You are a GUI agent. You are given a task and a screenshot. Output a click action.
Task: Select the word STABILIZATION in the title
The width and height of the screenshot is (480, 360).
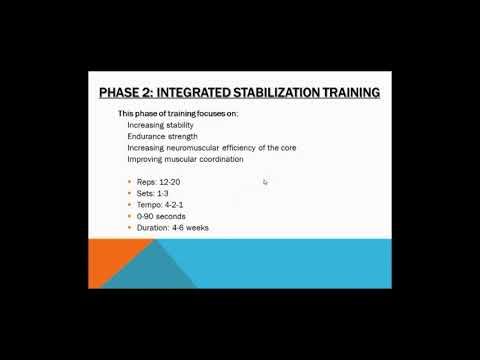(287, 93)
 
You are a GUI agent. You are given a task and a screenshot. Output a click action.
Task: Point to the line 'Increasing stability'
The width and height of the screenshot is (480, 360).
(161, 125)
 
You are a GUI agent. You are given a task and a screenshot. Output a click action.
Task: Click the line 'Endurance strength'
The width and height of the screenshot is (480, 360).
(162, 136)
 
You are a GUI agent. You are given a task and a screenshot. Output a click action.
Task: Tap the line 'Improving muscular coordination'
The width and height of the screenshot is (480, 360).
(185, 159)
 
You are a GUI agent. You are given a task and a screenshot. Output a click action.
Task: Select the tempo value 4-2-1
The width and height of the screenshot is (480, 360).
(175, 205)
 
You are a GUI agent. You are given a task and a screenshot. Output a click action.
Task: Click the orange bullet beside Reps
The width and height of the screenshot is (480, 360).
(130, 182)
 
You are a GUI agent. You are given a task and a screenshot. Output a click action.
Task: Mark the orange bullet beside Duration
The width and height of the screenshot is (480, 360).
(130, 228)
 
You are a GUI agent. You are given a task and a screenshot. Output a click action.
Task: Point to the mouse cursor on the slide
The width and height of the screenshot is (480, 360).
(265, 182)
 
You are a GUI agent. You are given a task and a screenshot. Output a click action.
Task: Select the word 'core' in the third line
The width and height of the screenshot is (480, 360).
(286, 148)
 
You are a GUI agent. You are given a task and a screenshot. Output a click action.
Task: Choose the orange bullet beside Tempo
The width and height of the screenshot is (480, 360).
(130, 205)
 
